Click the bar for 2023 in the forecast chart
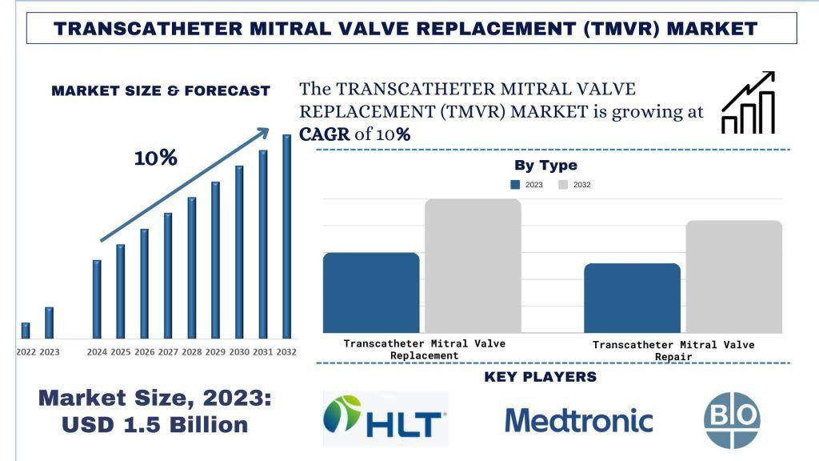click(50, 323)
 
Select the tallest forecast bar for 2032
click(286, 236)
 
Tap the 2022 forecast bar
click(26, 330)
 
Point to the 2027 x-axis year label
click(168, 352)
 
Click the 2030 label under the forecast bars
click(239, 352)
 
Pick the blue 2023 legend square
click(516, 185)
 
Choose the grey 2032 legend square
click(563, 185)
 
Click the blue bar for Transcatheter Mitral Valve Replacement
click(371, 292)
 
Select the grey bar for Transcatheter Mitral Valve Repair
click(733, 276)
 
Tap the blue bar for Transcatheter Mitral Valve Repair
click(632, 298)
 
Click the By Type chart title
click(545, 166)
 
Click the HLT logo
click(386, 418)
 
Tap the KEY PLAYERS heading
click(541, 377)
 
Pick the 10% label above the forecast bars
click(155, 158)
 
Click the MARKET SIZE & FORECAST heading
click(161, 91)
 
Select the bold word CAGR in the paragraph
click(324, 134)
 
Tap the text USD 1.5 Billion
click(155, 423)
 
